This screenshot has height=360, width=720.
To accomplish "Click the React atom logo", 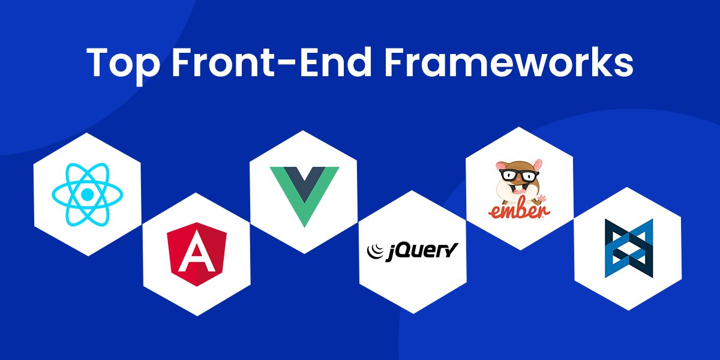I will pyautogui.click(x=88, y=194).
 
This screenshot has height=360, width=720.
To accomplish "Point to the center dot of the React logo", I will pyautogui.click(x=88, y=194).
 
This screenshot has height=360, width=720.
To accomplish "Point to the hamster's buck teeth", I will pyautogui.click(x=515, y=191).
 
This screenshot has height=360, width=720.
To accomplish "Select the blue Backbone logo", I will pyautogui.click(x=628, y=248).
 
